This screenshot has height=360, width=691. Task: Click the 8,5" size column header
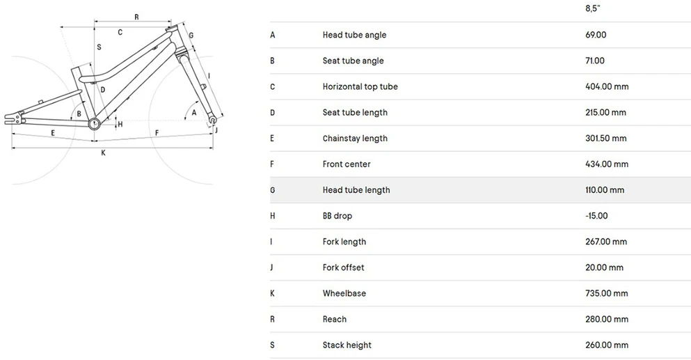click(592, 8)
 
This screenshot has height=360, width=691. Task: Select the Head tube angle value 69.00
click(596, 35)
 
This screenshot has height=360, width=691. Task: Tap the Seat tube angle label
click(353, 61)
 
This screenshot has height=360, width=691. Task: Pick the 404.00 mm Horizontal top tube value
click(607, 86)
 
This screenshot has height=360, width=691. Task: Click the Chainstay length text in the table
click(355, 139)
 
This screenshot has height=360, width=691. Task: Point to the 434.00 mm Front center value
click(607, 164)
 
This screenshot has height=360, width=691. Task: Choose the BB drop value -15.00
click(596, 216)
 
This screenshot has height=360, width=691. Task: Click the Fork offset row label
click(343, 267)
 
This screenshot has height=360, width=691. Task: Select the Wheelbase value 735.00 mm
click(607, 293)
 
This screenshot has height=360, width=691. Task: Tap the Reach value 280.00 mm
click(607, 320)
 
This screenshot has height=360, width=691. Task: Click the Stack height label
click(347, 345)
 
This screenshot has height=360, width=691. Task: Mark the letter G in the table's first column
click(272, 190)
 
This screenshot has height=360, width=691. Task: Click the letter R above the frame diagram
click(136, 17)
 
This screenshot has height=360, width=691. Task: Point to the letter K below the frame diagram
click(103, 153)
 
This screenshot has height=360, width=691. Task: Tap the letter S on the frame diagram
click(99, 47)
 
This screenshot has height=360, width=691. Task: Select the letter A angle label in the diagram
click(194, 113)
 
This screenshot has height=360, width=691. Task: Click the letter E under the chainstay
click(53, 133)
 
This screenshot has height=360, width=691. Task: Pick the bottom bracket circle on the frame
click(93, 123)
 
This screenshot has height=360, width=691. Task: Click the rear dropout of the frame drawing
click(13, 118)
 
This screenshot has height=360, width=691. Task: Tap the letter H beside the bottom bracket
click(120, 125)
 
